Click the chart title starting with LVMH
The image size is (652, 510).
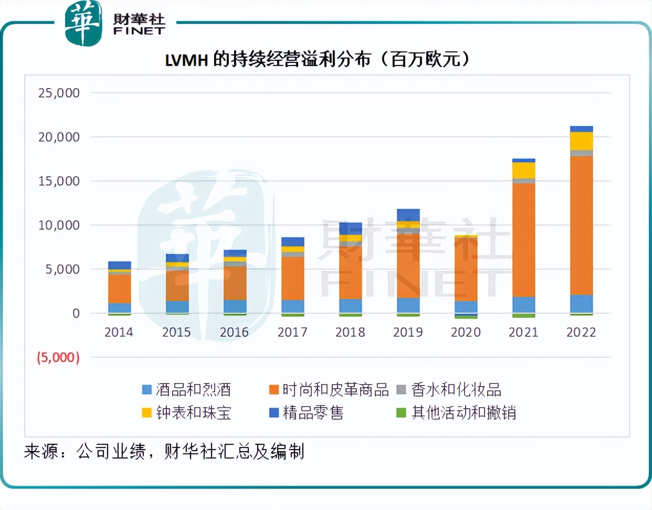pos(317,59)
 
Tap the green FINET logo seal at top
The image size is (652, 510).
pos(83,24)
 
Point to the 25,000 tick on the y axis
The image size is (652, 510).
pos(59,93)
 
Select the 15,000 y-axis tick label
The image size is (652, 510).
pos(59,181)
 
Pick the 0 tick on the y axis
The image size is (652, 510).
pos(76,313)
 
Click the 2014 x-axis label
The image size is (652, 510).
pos(119,332)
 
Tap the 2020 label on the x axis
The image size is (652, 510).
pos(466,332)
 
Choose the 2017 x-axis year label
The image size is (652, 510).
pos(292,332)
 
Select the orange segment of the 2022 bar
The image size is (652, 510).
pos(581,226)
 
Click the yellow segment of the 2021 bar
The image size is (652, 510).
pos(523,171)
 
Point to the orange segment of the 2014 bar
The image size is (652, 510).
pos(119,289)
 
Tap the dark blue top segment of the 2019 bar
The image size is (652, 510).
pos(408,215)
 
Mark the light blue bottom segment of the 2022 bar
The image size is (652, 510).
pos(581,304)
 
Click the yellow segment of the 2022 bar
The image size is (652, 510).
pos(581,141)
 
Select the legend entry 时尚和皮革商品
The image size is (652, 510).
pos(329,390)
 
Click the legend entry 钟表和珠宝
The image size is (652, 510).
pos(187,413)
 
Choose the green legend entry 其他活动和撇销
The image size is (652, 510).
pos(456,413)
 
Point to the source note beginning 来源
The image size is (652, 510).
pos(164,451)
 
